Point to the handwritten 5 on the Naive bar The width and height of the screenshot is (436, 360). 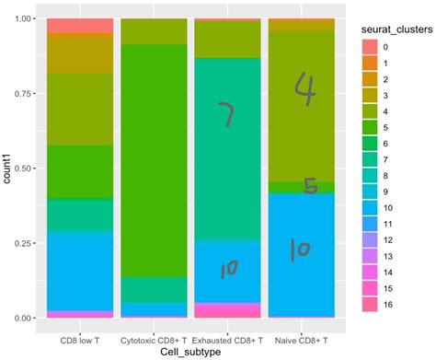coord(310,185)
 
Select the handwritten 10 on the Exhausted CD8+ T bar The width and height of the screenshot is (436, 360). coord(229,268)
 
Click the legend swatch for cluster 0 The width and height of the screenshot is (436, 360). coord(369,46)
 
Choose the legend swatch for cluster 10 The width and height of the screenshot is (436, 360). coord(369,205)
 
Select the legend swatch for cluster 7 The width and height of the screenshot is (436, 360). coord(369,157)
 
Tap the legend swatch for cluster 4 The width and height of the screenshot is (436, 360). coord(369,110)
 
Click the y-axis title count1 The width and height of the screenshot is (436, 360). coord(7,168)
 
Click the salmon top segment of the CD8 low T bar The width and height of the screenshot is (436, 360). coord(80,25)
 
